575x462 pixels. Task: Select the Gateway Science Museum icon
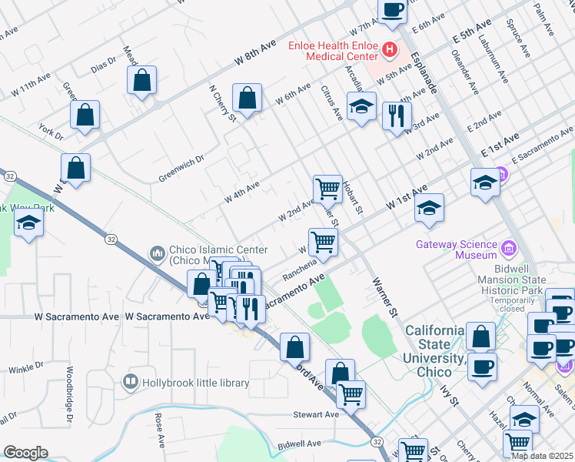pyautogui.click(x=507, y=249)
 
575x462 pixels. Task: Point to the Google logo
pyautogui.click(x=25, y=453)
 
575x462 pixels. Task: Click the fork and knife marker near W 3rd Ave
pyautogui.click(x=397, y=116)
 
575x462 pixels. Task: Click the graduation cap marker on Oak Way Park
pyautogui.click(x=28, y=223)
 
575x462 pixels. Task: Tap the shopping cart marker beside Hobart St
pyautogui.click(x=327, y=187)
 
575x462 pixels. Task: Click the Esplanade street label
pyautogui.click(x=424, y=73)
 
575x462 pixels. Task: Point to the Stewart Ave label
pyautogui.click(x=316, y=414)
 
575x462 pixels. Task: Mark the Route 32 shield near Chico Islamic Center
pyautogui.click(x=112, y=239)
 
